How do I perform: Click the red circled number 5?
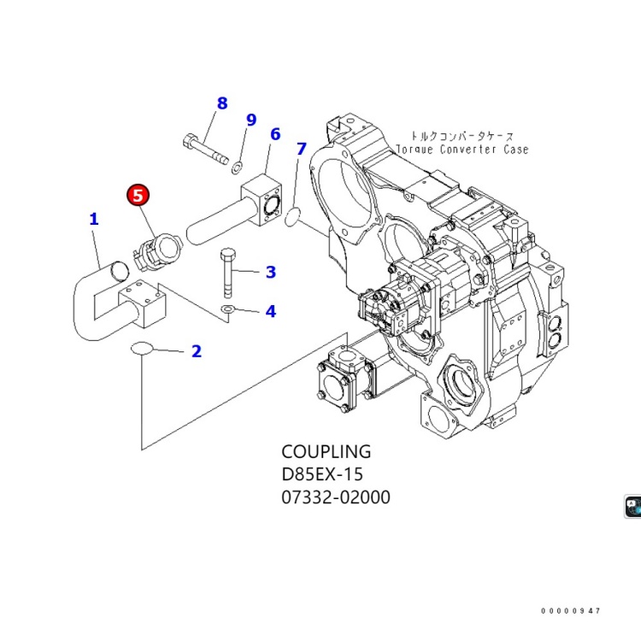[x=138, y=196]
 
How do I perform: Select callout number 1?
[x=94, y=219]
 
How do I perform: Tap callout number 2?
[x=197, y=350]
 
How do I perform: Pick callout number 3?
[x=270, y=273]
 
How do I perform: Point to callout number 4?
[x=270, y=311]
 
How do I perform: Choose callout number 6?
[x=275, y=134]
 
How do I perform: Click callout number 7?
[x=301, y=149]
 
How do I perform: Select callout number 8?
[x=222, y=103]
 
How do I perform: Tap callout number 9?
[x=251, y=120]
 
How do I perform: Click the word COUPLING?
[x=326, y=451]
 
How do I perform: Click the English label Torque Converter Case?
[x=462, y=150]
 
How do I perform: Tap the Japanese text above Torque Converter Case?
[x=462, y=135]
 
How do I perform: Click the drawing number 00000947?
[x=571, y=611]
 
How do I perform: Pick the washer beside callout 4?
[x=229, y=309]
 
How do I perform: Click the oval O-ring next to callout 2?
[x=143, y=349]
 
